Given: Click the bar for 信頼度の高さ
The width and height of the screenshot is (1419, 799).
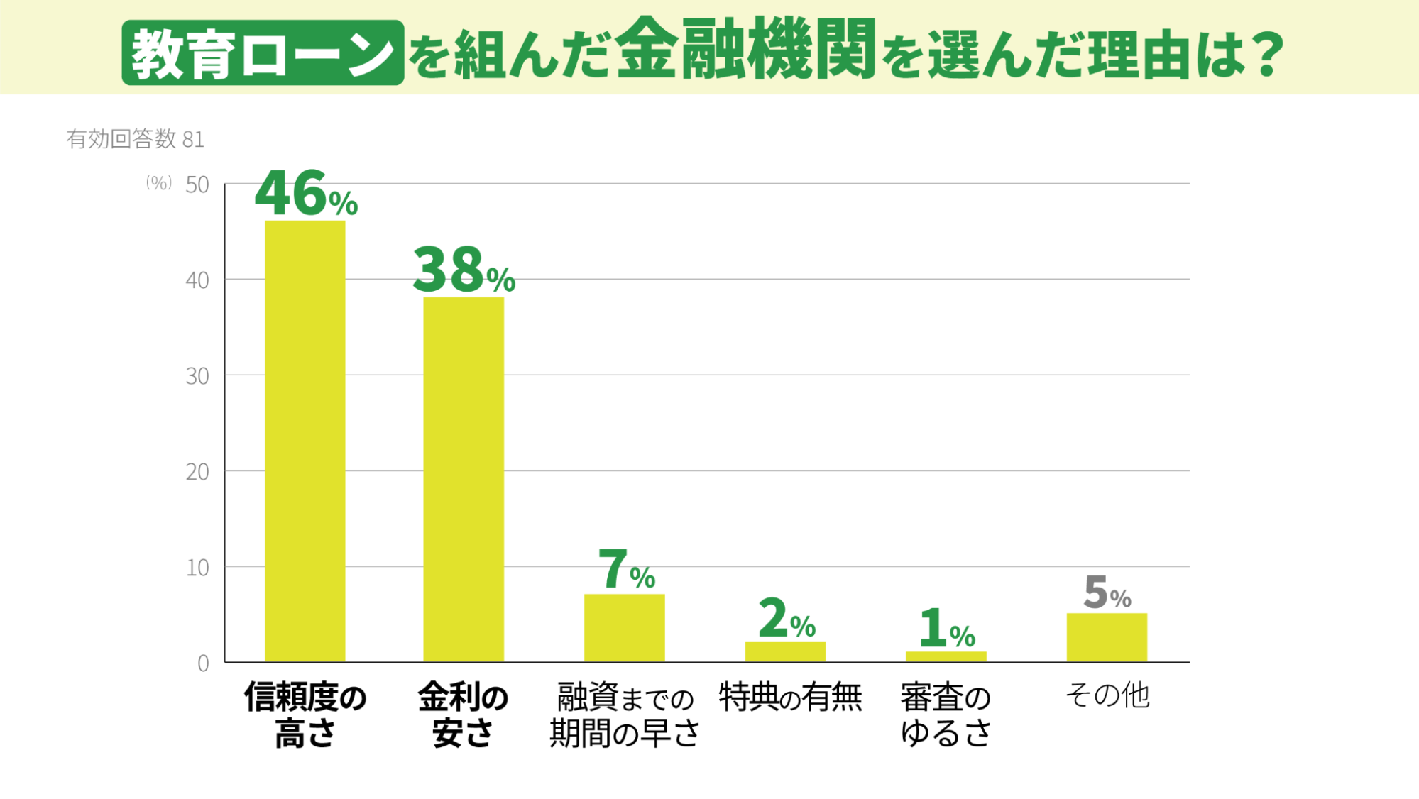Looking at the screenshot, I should pyautogui.click(x=305, y=441).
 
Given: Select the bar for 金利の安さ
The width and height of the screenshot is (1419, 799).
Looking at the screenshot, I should pyautogui.click(x=464, y=479).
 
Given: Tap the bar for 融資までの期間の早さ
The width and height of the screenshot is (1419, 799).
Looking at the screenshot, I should pyautogui.click(x=624, y=628).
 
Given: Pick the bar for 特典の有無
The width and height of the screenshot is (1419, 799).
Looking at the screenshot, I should pyautogui.click(x=785, y=651).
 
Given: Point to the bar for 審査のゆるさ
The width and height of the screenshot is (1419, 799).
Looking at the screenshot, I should pyautogui.click(x=946, y=656).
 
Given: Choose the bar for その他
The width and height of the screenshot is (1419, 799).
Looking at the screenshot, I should pyautogui.click(x=1107, y=637).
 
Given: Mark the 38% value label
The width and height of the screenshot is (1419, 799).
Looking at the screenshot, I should pyautogui.click(x=464, y=270).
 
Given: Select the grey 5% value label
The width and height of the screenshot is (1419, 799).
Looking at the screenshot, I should pyautogui.click(x=1107, y=593).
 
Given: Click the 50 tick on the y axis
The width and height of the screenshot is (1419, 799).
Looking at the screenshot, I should pyautogui.click(x=197, y=185).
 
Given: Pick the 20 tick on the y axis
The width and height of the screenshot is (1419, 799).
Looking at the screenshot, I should pyautogui.click(x=197, y=472).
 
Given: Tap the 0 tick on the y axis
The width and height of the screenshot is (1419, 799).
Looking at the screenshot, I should pyautogui.click(x=203, y=663).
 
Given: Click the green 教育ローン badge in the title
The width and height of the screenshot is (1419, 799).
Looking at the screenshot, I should pyautogui.click(x=263, y=53).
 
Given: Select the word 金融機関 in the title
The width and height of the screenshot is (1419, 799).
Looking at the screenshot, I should pyautogui.click(x=745, y=50).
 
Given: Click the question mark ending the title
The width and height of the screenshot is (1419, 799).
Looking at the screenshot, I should pyautogui.click(x=1268, y=54).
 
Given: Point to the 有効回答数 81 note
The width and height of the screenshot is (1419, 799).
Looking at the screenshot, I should pyautogui.click(x=135, y=139).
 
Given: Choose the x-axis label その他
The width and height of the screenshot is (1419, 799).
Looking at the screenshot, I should pyautogui.click(x=1107, y=695).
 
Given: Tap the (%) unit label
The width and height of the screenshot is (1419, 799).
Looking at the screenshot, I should pyautogui.click(x=158, y=183).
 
